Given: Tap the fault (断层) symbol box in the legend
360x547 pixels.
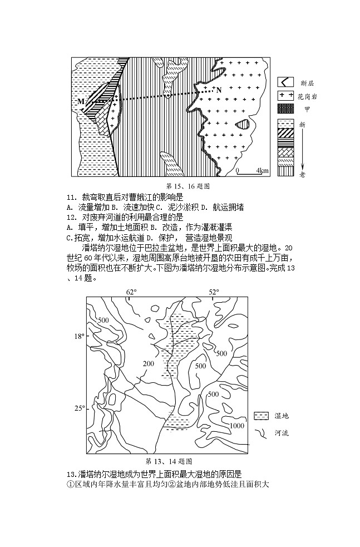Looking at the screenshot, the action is tap(285, 82).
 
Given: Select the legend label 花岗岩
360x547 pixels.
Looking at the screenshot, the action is tap(308, 96).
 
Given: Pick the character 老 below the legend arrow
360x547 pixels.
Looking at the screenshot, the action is tap(302, 174).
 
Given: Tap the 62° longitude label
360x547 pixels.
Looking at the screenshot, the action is tap(131, 292).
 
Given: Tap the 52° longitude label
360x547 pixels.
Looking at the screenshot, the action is tap(214, 292).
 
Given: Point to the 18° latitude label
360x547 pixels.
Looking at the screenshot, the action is tap(80, 336).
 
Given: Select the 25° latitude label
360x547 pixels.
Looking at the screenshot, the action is tap(80, 408).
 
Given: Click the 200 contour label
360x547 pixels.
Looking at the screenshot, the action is tap(147, 364).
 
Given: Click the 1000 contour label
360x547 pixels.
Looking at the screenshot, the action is tap(237, 426).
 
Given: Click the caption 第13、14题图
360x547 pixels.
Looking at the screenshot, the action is tap(169, 461).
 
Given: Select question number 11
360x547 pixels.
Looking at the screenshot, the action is tap(71, 197).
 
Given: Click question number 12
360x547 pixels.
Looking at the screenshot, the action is tap(71, 217).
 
